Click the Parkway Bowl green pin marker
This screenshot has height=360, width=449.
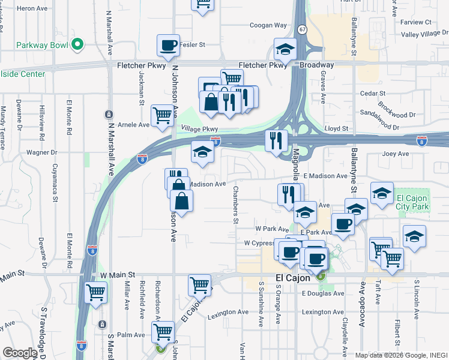(x=77, y=44)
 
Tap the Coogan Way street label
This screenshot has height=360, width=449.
(x=268, y=26)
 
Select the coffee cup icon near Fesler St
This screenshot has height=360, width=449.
(x=168, y=44)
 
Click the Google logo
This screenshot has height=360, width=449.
(x=20, y=352)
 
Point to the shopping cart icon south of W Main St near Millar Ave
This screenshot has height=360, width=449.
(x=95, y=293)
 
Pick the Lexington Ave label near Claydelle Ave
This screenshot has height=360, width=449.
(x=324, y=312)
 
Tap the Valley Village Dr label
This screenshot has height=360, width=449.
(x=424, y=35)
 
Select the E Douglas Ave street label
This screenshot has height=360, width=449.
(x=323, y=293)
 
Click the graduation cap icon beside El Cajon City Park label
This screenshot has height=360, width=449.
(x=382, y=193)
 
